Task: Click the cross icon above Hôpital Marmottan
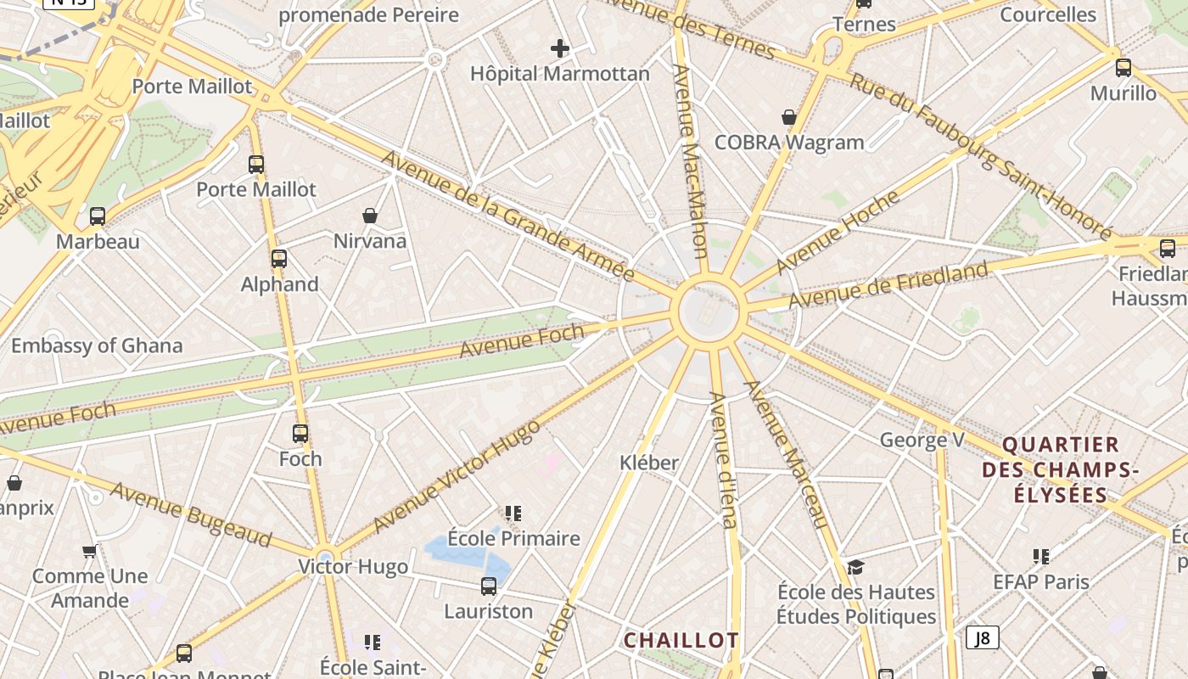[x=560, y=48]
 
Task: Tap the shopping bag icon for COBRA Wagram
[x=789, y=117]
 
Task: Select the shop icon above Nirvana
[x=370, y=216]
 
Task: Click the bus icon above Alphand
[x=279, y=259]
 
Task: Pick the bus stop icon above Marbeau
[x=98, y=216]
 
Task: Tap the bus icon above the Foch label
[x=300, y=434]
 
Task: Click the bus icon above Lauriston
[x=489, y=586]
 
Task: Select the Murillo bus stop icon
[x=1124, y=68]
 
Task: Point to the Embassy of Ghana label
[x=97, y=345]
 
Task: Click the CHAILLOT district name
[x=681, y=640]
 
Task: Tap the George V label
[x=922, y=440]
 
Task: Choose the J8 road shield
[x=982, y=637]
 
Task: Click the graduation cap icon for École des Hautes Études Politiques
[x=855, y=567]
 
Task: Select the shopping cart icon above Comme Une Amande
[x=89, y=552]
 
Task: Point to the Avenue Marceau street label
[x=785, y=453]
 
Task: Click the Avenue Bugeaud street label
[x=191, y=514]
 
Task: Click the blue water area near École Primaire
[x=462, y=552]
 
